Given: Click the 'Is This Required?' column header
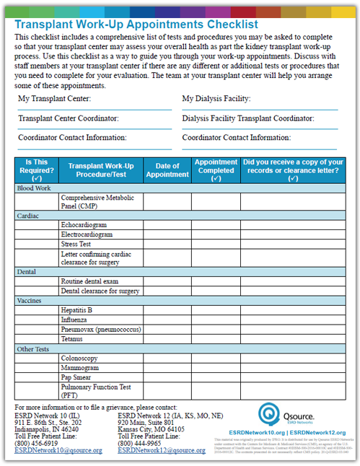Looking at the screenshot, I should click(x=37, y=170).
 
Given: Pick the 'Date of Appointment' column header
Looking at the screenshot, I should click(x=167, y=170).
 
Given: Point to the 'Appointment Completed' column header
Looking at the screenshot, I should click(x=216, y=170).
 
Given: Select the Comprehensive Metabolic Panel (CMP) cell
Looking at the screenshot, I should click(x=92, y=201).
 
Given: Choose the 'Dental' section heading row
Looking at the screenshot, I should click(x=27, y=272).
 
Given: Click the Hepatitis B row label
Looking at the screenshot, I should click(x=77, y=310).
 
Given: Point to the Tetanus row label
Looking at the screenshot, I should click(x=74, y=338).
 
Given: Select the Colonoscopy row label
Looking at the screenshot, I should click(x=79, y=358).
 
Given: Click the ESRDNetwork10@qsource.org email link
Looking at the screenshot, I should click(x=58, y=450).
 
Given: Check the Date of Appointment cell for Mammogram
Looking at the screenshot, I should click(x=167, y=367).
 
